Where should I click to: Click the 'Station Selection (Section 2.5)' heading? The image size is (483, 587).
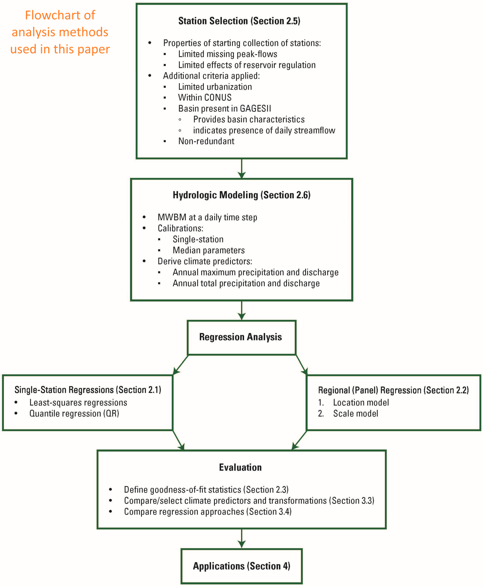239,21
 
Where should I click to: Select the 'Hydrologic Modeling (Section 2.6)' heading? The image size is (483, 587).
242,195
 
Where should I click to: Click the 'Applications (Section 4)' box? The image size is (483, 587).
242,566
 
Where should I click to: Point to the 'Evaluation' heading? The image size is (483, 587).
240,467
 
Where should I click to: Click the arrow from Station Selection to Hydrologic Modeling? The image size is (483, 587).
242,168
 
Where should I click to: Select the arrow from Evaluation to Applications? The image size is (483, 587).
242,538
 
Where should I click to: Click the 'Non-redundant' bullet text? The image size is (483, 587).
206,141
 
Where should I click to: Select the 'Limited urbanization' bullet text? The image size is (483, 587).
215,87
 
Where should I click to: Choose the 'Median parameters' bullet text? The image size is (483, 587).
209,250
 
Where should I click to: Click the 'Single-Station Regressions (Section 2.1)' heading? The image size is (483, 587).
88,390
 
